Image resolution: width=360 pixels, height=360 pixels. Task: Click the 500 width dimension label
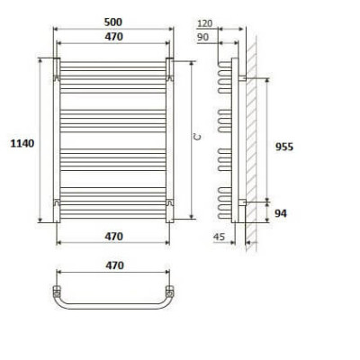113,22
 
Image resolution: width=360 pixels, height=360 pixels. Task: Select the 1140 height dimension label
22,143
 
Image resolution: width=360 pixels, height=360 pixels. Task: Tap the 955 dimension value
284,147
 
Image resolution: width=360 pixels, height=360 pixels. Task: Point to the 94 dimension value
281,213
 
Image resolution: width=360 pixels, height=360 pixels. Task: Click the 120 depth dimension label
205,23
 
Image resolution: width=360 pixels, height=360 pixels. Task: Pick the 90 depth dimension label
203,37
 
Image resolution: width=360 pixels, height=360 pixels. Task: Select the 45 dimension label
219,237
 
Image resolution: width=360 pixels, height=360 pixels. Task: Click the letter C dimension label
197,138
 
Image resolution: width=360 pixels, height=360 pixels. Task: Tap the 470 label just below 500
113,37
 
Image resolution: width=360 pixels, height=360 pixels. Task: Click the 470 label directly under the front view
113,237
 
